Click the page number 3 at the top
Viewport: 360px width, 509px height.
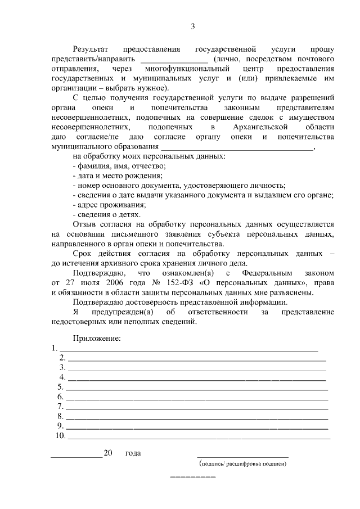[193, 26]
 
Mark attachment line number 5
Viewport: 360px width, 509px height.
[197, 388]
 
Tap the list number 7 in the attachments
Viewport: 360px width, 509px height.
[60, 407]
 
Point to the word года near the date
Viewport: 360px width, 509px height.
[133, 453]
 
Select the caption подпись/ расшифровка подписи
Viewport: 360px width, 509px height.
[244, 465]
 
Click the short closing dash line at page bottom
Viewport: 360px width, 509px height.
[193, 478]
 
